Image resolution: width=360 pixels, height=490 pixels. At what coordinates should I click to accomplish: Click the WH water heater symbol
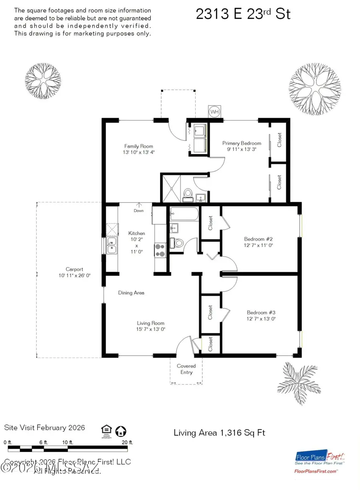(214, 112)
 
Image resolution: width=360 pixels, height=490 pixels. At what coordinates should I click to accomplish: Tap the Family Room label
(138, 146)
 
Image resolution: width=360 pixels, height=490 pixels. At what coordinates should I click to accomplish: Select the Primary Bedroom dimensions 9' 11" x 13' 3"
(242, 149)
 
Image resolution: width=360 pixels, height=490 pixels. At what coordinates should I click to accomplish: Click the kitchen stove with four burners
(160, 250)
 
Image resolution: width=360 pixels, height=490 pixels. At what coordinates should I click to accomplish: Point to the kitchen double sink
(112, 246)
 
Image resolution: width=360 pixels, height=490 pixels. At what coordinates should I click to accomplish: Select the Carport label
(74, 269)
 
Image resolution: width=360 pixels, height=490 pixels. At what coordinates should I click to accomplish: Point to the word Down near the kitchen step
(139, 211)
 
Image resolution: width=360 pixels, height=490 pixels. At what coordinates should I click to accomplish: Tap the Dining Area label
(131, 293)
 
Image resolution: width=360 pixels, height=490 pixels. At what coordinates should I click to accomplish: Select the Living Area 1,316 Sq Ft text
(220, 433)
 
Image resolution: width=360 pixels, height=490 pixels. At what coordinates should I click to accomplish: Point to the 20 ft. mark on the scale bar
(127, 442)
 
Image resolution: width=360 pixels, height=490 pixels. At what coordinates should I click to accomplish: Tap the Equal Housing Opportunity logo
(105, 431)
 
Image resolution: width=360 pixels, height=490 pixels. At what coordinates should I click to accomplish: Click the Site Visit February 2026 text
(44, 428)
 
